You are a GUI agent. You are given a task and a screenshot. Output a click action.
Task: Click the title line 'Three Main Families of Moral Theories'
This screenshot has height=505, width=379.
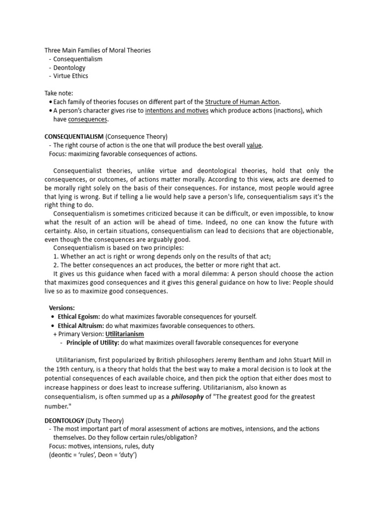point(98,50)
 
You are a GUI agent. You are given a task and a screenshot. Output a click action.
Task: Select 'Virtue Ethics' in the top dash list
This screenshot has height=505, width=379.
point(71,76)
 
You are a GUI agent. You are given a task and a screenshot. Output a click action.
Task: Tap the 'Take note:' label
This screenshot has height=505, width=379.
point(59,93)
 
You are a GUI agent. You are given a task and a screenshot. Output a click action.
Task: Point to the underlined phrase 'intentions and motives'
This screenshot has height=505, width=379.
point(177,111)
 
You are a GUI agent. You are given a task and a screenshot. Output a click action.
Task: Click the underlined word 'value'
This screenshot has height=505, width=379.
point(254,145)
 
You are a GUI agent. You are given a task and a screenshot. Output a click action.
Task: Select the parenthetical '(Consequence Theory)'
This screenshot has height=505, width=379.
point(137,136)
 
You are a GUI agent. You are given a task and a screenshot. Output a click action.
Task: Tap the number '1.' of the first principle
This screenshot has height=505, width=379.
point(56,256)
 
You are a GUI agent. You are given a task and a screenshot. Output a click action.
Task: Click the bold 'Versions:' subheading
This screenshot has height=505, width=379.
point(62,308)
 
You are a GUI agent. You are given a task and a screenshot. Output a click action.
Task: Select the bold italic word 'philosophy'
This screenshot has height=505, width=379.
point(188,396)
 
